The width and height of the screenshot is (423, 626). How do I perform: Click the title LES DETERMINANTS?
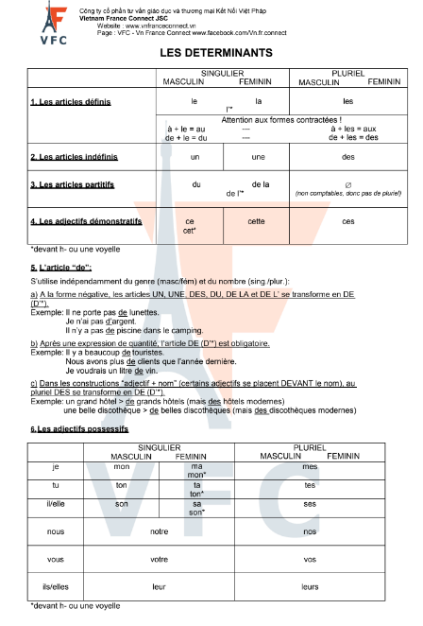(211, 54)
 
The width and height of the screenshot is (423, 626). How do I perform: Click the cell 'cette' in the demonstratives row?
(256, 221)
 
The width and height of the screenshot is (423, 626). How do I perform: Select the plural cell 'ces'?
(348, 221)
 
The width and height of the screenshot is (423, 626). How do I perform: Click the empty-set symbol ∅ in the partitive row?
(348, 184)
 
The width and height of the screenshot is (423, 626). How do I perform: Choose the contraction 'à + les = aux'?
(348, 128)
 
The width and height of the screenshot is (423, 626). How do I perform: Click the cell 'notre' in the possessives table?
(158, 530)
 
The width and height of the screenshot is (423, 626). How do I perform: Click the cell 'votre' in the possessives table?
(158, 559)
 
